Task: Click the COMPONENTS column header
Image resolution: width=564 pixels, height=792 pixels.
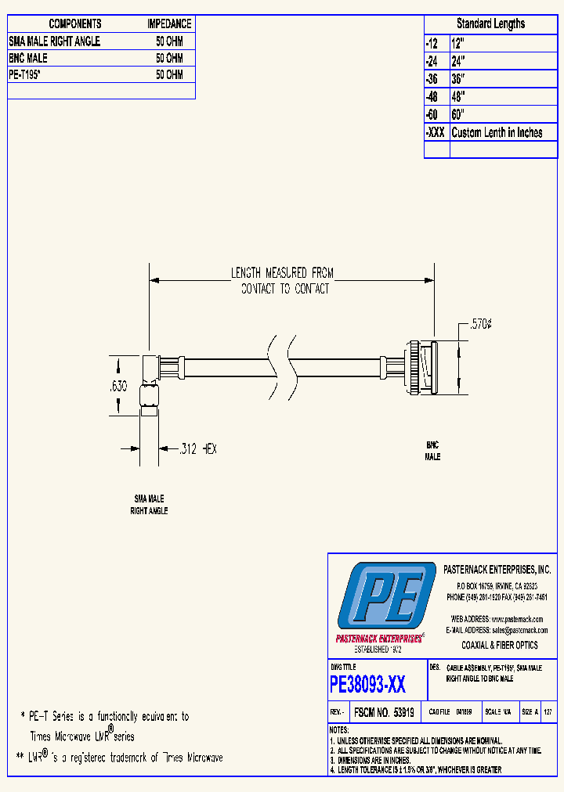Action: (75, 24)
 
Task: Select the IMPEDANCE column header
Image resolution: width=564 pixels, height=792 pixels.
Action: (169, 24)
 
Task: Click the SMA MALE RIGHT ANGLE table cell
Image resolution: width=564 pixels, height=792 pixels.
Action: (54, 41)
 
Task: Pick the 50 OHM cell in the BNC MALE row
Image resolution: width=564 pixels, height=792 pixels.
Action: (169, 58)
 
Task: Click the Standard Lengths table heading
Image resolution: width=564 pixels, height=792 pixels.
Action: (490, 23)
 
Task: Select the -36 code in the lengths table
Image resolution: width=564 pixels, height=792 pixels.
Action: (432, 79)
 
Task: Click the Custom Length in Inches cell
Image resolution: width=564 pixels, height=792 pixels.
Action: (497, 133)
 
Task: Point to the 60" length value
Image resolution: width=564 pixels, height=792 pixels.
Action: (458, 115)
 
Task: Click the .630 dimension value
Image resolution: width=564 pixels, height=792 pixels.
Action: (118, 384)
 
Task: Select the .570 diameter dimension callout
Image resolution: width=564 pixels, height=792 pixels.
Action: (480, 324)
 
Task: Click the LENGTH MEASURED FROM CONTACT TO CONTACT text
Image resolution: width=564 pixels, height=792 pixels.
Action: (284, 281)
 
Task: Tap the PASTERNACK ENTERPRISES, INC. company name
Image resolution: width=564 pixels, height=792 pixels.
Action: (497, 570)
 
